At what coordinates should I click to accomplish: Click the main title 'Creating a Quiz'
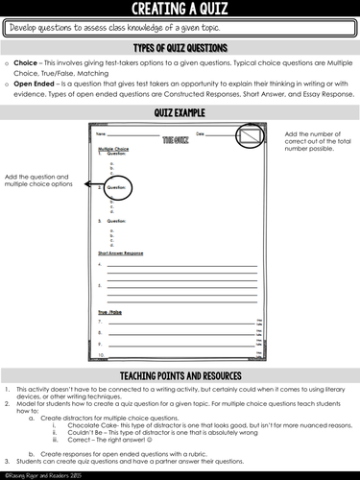[180, 10]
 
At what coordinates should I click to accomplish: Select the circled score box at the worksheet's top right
[254, 140]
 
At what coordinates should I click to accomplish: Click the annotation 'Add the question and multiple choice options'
[39, 183]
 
